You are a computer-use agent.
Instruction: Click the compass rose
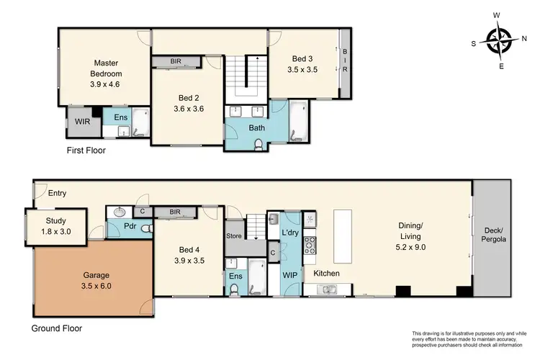pos(499,40)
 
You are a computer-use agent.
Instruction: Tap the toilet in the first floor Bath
pos(258,143)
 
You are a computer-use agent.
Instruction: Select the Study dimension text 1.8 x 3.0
pos(55,233)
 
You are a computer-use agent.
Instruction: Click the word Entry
pos(58,192)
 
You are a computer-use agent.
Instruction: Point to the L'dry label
pos(291,233)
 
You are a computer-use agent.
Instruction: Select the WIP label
pos(290,274)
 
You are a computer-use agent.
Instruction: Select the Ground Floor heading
pos(56,328)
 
